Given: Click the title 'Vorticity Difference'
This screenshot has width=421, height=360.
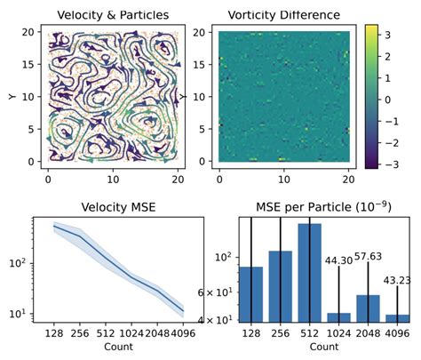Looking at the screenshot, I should [284, 14].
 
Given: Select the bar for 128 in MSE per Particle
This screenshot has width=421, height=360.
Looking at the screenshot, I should [251, 293].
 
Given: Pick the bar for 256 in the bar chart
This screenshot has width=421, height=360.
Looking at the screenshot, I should [281, 285].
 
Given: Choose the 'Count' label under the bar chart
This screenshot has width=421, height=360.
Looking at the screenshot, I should [324, 348].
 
